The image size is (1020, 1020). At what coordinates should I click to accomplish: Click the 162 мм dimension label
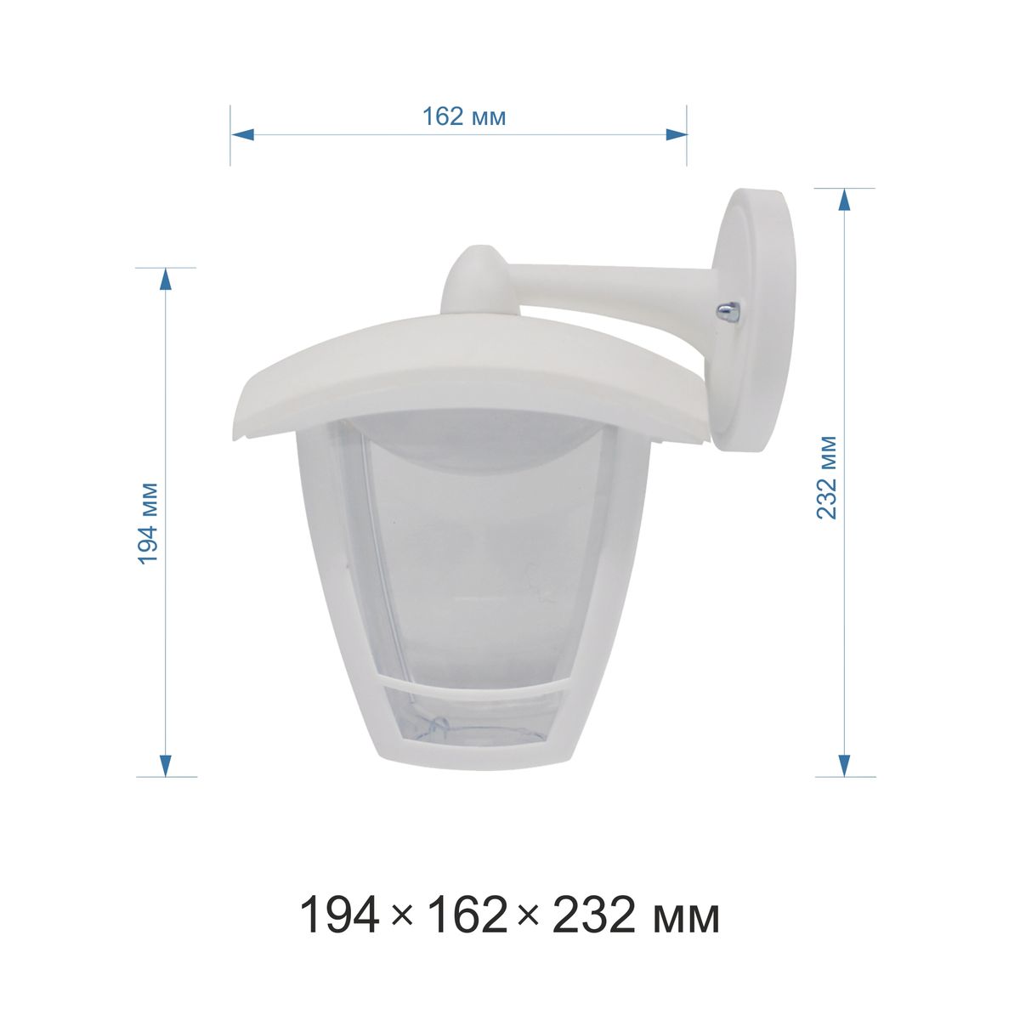point(464,116)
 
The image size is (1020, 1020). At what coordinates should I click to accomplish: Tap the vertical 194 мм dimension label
point(148,524)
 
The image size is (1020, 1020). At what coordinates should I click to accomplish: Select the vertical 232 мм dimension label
point(827,478)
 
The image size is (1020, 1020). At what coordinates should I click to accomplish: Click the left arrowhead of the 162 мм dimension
point(242,134)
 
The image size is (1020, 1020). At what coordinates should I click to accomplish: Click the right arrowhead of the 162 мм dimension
point(676,134)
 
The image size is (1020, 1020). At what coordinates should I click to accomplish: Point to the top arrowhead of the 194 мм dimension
point(166,280)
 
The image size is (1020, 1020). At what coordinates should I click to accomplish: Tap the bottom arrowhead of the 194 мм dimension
point(166,765)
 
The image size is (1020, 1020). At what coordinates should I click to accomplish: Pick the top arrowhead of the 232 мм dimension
point(844,200)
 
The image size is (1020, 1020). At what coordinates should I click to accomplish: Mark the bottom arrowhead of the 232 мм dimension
point(844,765)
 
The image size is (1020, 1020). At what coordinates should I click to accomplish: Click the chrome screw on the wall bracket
point(726,311)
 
